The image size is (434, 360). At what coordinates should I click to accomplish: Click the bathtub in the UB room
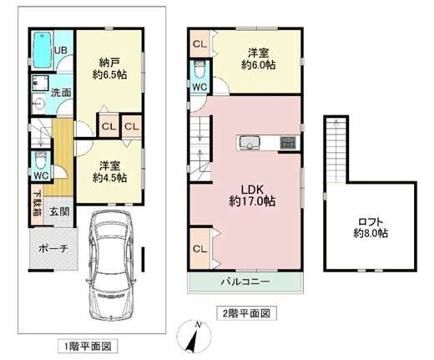click(43, 50)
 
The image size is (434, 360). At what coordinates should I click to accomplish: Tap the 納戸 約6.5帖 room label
click(109, 68)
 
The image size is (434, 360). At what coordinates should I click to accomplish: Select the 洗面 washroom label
click(61, 93)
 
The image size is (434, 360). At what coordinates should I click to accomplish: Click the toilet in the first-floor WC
click(41, 160)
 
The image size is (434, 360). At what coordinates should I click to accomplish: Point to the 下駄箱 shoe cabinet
click(38, 204)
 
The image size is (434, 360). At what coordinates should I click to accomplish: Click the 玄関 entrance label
click(59, 212)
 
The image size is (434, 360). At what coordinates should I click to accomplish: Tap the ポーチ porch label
click(53, 248)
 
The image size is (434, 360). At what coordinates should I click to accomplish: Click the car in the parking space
click(111, 266)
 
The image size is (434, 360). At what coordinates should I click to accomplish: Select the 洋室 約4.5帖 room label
click(109, 171)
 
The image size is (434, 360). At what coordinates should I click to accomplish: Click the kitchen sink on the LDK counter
click(250, 143)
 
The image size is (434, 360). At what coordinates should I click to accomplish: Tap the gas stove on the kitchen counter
click(288, 143)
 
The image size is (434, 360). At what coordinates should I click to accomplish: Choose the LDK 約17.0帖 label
click(252, 195)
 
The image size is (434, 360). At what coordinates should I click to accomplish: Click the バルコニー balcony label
click(245, 282)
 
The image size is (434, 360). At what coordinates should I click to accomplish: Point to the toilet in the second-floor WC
click(199, 70)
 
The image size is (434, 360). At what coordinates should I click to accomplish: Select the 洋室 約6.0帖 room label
click(258, 59)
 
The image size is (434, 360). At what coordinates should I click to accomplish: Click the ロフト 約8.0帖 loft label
click(371, 227)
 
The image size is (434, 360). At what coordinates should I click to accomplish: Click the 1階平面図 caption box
click(88, 347)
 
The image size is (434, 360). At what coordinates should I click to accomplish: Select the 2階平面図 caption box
click(246, 313)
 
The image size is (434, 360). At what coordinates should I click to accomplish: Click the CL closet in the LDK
click(199, 248)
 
